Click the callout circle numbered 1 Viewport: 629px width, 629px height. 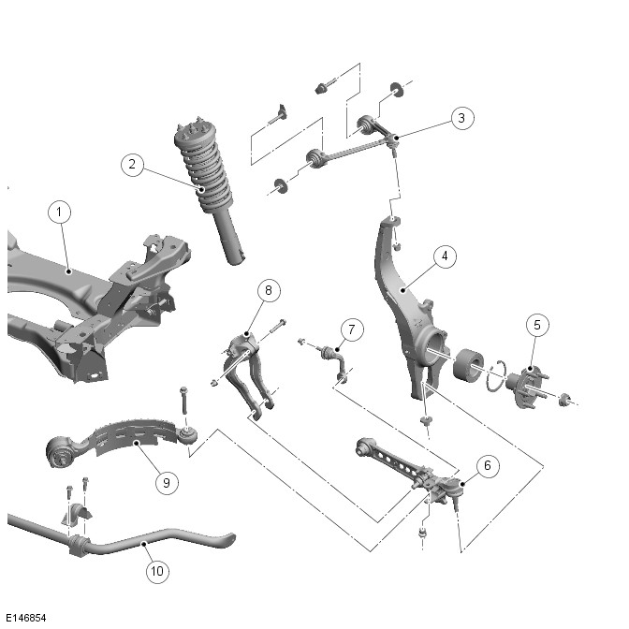59,212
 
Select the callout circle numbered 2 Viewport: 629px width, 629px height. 133,165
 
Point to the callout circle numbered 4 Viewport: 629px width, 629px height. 445,256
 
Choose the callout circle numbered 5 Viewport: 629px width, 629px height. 536,325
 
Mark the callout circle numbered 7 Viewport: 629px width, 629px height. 351,329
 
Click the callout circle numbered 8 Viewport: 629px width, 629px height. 269,290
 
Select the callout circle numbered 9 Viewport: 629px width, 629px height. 166,482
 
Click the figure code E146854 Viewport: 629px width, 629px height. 26,619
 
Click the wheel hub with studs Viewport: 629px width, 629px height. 523,383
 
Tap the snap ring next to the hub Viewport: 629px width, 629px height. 498,373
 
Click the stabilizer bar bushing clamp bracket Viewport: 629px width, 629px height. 74,516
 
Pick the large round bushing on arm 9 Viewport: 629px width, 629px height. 61,454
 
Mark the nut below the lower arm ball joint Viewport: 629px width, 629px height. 421,534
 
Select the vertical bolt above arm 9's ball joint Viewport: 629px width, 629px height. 183,402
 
